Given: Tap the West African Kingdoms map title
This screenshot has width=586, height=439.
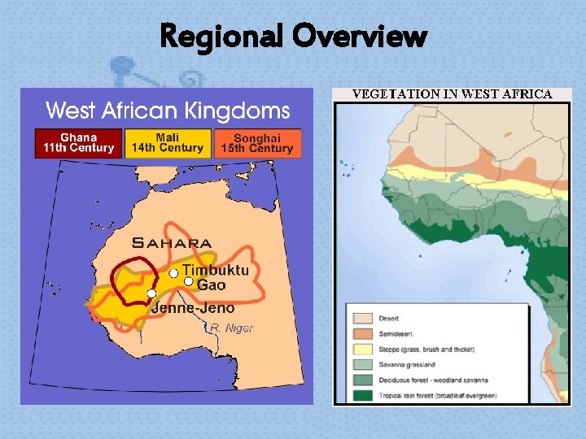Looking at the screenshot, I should tap(168, 110).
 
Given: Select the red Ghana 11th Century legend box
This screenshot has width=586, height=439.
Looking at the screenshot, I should tap(79, 142).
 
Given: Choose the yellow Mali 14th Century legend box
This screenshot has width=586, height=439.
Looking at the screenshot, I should tap(167, 142).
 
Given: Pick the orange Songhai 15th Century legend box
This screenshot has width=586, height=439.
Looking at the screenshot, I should tap(256, 143).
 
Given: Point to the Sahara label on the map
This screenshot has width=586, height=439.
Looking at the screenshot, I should tap(172, 242).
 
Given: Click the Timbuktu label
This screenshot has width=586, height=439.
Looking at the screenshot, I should tap(216, 270).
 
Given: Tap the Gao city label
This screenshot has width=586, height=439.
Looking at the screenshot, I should tap(212, 285).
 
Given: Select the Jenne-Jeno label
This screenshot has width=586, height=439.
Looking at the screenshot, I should tap(193, 308).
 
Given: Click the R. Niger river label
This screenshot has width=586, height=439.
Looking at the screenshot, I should tap(232, 328).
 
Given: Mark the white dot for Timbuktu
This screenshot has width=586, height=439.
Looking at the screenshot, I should tap(173, 273).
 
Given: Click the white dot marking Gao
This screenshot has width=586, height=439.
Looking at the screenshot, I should tap(189, 281).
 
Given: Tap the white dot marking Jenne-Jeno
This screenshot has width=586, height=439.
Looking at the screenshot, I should tap(151, 293).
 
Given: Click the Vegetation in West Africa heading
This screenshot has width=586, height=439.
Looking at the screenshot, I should tap(452, 93).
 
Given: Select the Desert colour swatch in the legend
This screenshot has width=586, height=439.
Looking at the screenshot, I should tap(361, 319).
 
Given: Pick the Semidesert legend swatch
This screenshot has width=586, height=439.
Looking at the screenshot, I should tap(361, 334).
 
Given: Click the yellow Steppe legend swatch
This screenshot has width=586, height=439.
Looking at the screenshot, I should tap(361, 349).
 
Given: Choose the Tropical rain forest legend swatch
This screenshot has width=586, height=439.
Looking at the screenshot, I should tap(361, 394).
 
